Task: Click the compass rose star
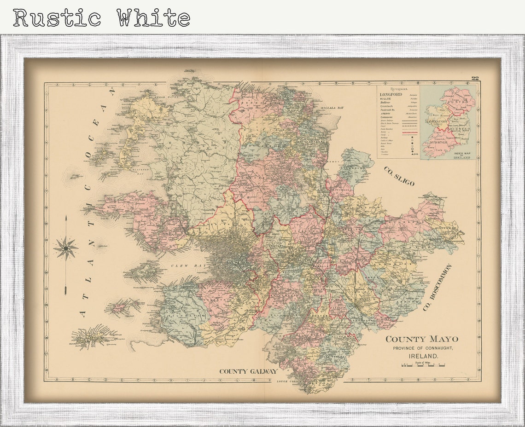pyautogui.click(x=65, y=248)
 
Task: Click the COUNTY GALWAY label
pyautogui.click(x=248, y=371)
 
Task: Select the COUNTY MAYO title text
pyautogui.click(x=421, y=340)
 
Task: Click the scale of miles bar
pyautogui.click(x=423, y=366)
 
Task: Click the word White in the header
pyautogui.click(x=153, y=18)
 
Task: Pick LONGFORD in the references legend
pyautogui.click(x=391, y=94)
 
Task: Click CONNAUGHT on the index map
pyautogui.click(x=438, y=121)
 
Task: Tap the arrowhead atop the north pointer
pyautogui.click(x=65, y=219)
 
